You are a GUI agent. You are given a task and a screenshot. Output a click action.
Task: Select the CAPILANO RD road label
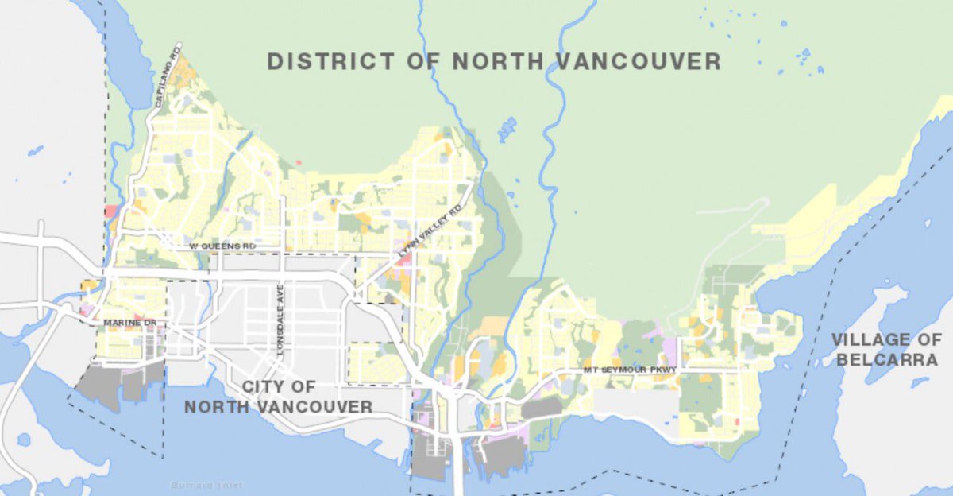tap(168, 77)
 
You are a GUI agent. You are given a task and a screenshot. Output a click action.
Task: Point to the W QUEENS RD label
tap(222, 247)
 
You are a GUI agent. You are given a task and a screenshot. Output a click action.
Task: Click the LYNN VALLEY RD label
tap(429, 231)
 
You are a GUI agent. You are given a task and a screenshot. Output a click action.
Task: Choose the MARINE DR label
tap(130, 323)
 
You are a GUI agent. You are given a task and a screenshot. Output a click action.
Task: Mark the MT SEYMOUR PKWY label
tap(629, 370)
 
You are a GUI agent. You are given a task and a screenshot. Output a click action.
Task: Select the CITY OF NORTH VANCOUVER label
tap(278, 397)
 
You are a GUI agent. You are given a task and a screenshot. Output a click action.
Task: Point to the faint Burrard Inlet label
tap(207, 485)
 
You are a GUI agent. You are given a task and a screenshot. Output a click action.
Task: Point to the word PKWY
tap(662, 370)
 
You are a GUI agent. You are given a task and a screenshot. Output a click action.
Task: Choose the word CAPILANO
tap(166, 83)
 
